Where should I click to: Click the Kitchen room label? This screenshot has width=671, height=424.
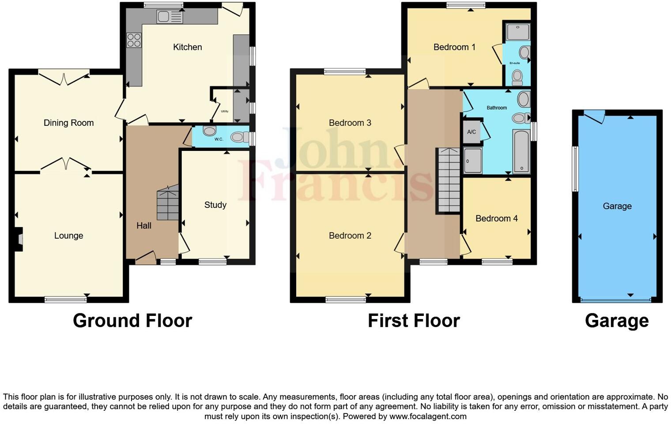[187, 47]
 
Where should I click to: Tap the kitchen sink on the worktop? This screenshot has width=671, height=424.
[170, 17]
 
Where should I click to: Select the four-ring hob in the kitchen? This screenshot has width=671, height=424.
[134, 40]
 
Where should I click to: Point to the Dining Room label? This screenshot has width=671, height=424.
[68, 123]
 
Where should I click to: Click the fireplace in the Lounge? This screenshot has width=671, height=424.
[19, 239]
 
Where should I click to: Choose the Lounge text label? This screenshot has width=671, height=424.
[68, 236]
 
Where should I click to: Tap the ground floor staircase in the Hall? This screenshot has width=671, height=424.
[168, 203]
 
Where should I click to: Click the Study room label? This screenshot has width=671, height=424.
[215, 205]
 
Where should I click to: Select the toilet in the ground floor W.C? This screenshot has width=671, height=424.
[237, 137]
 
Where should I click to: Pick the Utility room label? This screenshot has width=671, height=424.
[225, 111]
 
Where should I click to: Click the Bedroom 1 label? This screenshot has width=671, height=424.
[454, 47]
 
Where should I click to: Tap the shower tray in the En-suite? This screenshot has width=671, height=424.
[517, 32]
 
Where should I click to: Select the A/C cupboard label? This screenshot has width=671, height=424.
[471, 132]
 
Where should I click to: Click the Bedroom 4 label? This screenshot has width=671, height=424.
[496, 218]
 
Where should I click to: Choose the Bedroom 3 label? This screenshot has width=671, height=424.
[350, 123]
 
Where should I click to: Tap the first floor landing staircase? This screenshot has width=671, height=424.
[449, 181]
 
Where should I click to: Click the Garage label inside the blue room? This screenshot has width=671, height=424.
[617, 206]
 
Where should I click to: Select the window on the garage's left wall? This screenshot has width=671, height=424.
[575, 169]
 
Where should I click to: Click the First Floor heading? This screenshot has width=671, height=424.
[414, 321]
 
